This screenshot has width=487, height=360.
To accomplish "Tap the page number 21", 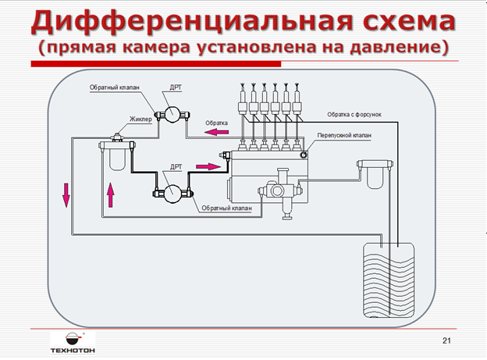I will [446, 341].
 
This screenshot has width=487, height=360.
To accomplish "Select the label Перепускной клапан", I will [344, 134].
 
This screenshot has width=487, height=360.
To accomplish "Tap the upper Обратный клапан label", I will [114, 88].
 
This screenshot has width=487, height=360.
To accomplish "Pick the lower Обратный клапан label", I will [224, 209].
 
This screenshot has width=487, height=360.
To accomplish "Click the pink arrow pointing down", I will [66, 195].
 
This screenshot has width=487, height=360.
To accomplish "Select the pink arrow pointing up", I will [110, 194].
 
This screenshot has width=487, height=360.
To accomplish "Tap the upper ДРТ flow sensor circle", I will [172, 115].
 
